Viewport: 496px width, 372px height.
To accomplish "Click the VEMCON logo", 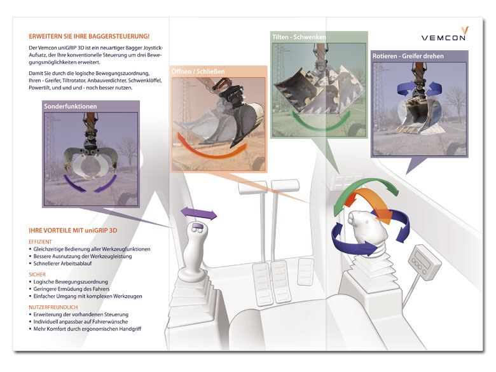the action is tap(444, 34).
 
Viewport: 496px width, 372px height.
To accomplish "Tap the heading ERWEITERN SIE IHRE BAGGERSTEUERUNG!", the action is tap(89, 36).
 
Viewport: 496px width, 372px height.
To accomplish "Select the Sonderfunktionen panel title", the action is tap(71, 106).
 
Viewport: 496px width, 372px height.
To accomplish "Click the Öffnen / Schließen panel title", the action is tap(198, 71).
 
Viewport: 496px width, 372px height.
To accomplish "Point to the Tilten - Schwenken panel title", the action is tap(299, 37).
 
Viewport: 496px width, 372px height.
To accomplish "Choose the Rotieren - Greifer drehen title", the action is tap(408, 56).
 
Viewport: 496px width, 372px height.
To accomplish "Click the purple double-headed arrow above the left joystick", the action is tap(198, 214).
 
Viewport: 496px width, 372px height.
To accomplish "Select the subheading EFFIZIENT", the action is tap(40, 242).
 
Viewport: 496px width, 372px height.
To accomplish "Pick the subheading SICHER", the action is tap(37, 274).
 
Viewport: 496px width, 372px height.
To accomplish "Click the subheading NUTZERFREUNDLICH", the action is tap(53, 307).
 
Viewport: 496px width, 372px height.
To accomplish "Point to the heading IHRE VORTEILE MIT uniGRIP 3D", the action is tap(72, 230).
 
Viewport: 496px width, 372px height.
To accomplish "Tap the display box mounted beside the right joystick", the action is tap(425, 263).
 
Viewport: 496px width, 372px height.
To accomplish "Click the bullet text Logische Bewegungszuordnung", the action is tap(71, 282).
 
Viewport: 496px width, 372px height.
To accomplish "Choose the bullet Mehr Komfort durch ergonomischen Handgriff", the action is tap(87, 329).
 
